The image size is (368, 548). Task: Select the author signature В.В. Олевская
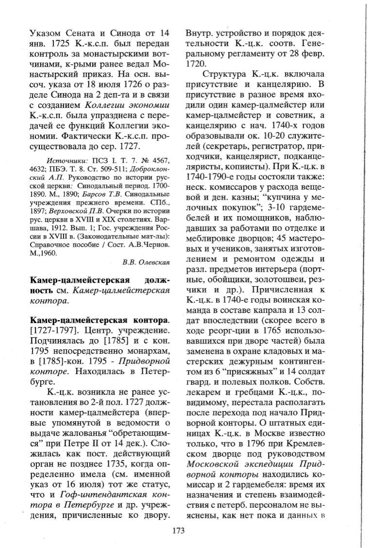(146, 263)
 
